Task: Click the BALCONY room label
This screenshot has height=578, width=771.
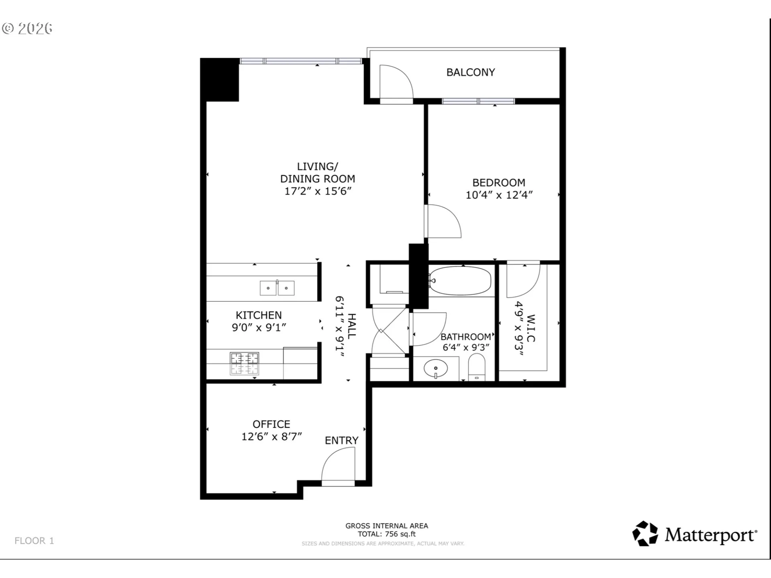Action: coord(471,72)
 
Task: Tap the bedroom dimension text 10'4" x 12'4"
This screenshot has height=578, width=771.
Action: coord(499,195)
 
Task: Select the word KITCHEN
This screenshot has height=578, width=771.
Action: coord(259,315)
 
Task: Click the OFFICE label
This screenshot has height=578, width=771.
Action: coord(271,424)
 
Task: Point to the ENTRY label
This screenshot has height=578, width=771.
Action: coord(342,440)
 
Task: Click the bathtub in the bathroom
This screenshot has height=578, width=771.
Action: coord(460,281)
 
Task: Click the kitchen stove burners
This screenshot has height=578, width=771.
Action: coord(244,363)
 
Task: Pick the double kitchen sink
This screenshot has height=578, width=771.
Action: coord(277,288)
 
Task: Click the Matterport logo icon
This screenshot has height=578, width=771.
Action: coord(645,533)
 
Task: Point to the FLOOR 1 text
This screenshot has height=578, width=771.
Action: coord(34,541)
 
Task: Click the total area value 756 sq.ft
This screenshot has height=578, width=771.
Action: coord(400,534)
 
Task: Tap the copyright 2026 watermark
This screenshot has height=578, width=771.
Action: coord(27,28)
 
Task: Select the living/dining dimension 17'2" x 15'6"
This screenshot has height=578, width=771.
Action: coord(318,191)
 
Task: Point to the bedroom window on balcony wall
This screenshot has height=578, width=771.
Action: coord(478,101)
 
